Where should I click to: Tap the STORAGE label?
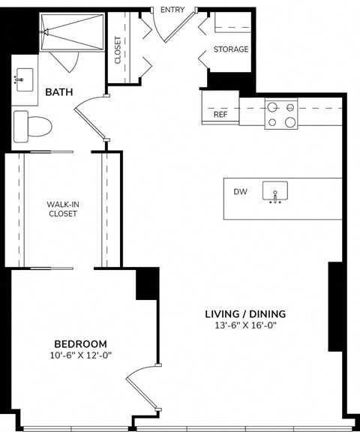coord(231,49)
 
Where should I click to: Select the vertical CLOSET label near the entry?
coord(118,50)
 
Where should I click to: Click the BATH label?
coord(60,92)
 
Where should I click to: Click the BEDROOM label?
coord(81,343)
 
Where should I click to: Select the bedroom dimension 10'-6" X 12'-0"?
coord(81,355)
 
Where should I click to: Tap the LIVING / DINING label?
coord(246,313)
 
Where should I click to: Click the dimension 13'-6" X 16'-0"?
coord(246,325)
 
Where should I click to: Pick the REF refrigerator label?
coord(220,115)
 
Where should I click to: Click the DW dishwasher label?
coord(240,192)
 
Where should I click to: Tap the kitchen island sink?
coord(275,193)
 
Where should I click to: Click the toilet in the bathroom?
coord(32,125)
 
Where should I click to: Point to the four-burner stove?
coord(281,114)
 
